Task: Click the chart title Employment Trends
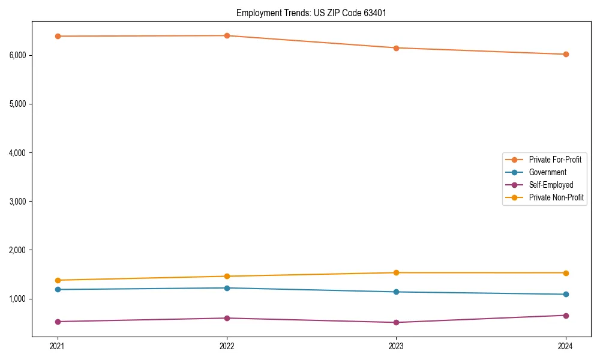[x=307, y=13]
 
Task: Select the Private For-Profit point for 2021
[x=57, y=36]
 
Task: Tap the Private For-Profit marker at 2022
[x=227, y=35]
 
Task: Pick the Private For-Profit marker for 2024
[x=566, y=54]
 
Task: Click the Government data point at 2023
[x=396, y=292]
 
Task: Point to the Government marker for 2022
[x=227, y=288]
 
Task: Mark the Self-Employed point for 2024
[x=566, y=315]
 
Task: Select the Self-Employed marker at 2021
[x=57, y=322]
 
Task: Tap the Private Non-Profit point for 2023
[x=396, y=272]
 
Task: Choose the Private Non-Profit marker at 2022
[x=227, y=276]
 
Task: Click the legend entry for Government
[x=547, y=172]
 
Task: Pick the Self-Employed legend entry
[x=551, y=185]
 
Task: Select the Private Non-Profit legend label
[x=556, y=197]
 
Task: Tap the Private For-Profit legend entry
[x=555, y=160]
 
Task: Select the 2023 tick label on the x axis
[x=396, y=346]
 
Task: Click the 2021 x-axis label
[x=57, y=346]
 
